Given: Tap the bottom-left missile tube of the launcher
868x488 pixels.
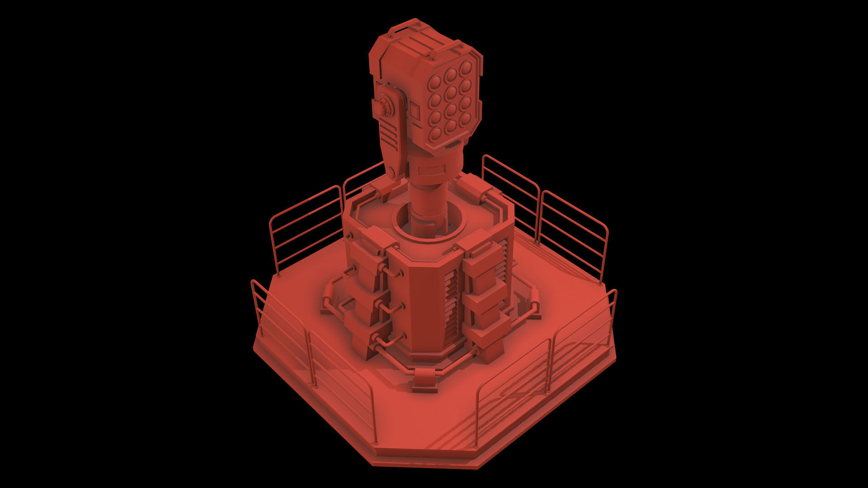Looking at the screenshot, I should pyautogui.click(x=436, y=133).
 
